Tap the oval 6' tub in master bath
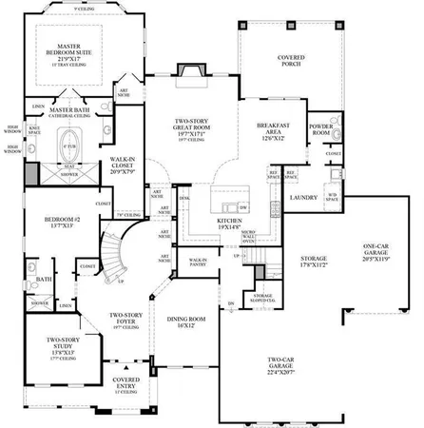(x=67, y=150)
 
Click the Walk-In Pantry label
(x=198, y=262)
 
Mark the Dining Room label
(x=186, y=323)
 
